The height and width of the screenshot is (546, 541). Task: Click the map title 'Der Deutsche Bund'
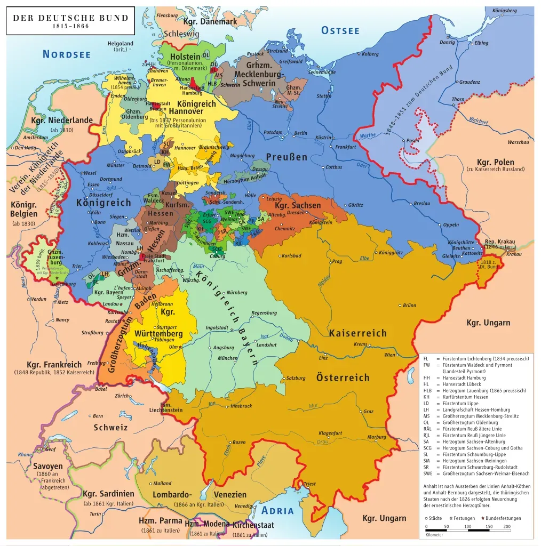click(x=70, y=18)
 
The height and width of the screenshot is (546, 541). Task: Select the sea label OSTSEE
click(x=340, y=30)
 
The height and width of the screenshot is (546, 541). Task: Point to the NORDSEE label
click(x=67, y=54)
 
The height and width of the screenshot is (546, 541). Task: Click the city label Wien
click(x=390, y=355)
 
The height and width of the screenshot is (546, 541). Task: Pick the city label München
click(x=228, y=358)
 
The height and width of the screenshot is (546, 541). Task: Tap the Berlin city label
click(x=300, y=133)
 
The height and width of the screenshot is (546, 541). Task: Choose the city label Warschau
click(x=518, y=142)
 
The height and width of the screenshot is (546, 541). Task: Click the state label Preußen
click(x=287, y=157)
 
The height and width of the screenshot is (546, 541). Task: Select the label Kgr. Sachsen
click(x=298, y=205)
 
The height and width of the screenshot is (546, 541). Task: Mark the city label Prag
click(x=337, y=262)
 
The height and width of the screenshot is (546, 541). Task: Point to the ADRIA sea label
click(x=277, y=510)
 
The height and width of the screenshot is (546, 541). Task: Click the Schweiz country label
click(x=110, y=427)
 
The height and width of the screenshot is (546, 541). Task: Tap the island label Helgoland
click(x=120, y=44)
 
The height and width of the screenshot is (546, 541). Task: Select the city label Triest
click(x=309, y=484)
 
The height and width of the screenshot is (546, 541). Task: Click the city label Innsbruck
click(x=241, y=406)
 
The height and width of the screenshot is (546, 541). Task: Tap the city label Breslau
click(x=421, y=204)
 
